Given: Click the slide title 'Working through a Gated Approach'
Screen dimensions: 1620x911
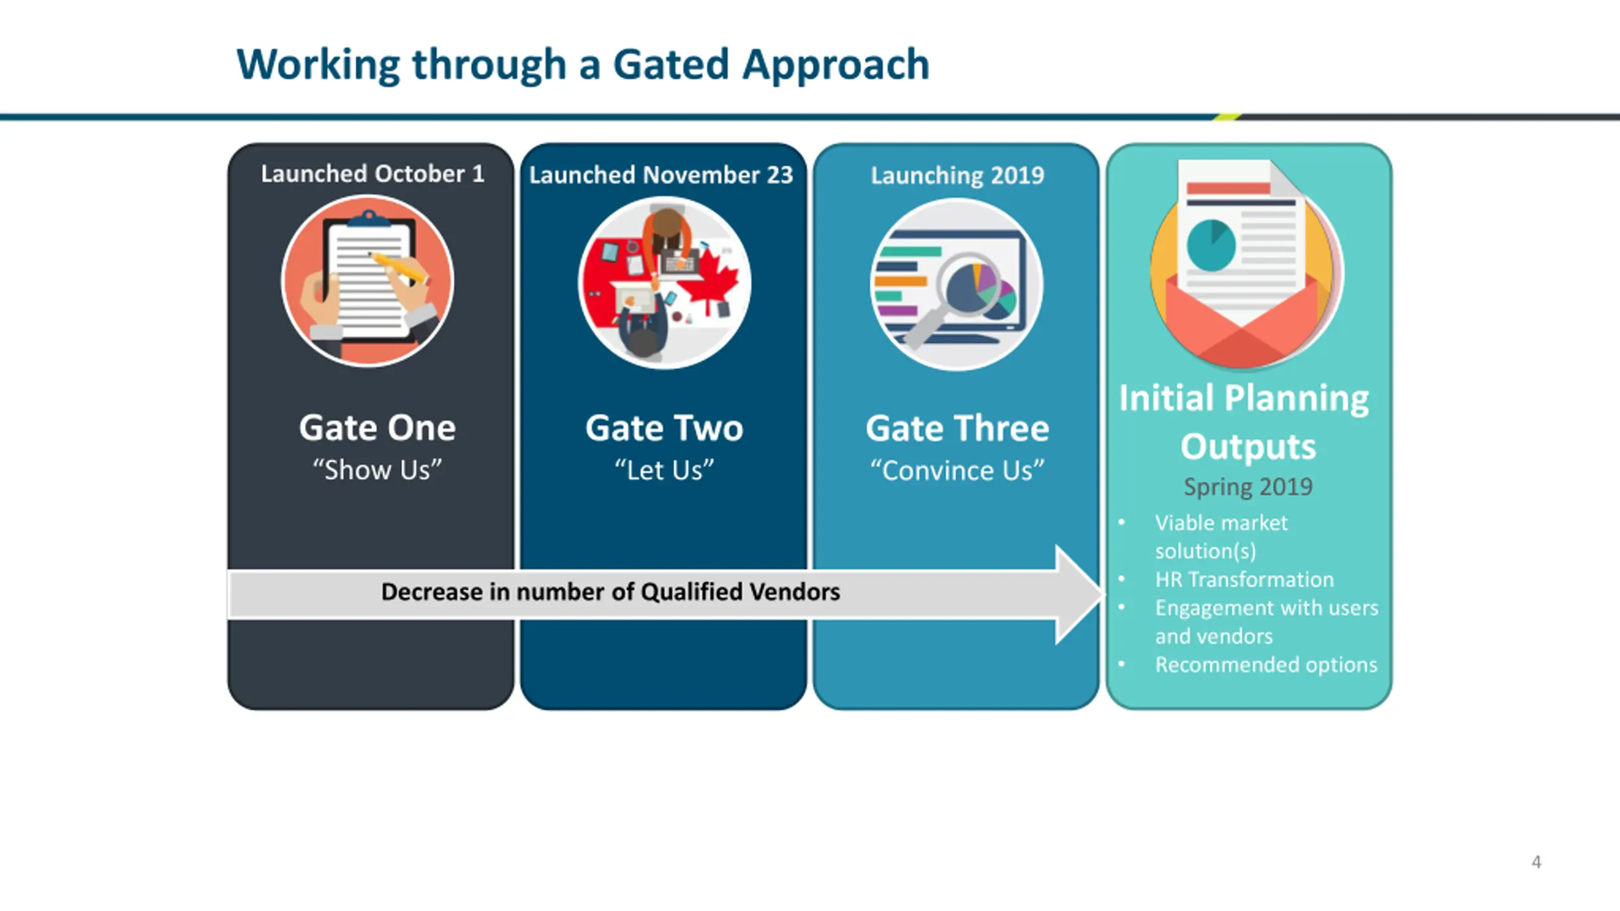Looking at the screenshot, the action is (x=583, y=65).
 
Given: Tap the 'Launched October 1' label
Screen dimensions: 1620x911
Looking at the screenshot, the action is (x=373, y=173).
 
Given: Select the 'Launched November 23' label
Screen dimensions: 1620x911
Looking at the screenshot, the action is (x=661, y=175).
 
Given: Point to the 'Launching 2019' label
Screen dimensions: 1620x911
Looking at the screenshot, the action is (x=957, y=175).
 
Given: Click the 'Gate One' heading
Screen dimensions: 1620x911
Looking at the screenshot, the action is (x=377, y=428).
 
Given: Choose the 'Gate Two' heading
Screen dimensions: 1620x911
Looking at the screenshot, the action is (x=664, y=428).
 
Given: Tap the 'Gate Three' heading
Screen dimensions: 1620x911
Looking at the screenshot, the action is (x=957, y=428).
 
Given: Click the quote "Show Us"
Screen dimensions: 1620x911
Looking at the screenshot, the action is (x=377, y=470).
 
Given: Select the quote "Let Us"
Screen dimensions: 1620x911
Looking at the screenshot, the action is (x=664, y=470).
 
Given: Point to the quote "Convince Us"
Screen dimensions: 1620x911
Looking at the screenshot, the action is (x=957, y=471).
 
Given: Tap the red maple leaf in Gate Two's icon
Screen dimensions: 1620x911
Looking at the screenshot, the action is (x=712, y=276).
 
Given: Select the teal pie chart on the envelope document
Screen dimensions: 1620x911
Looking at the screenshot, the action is (x=1211, y=245).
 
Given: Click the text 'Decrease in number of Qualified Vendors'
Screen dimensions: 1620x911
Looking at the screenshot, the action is (x=611, y=592).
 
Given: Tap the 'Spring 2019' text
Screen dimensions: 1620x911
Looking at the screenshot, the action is (x=1248, y=486).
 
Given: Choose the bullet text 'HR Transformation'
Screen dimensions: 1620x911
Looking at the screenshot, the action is (x=1244, y=579).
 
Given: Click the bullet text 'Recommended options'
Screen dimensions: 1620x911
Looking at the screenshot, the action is (x=1266, y=665).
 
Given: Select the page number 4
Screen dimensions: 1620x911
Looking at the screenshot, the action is (x=1536, y=862).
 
